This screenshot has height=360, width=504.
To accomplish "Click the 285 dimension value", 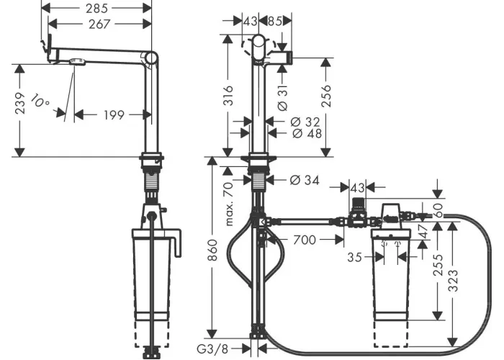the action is (96, 9).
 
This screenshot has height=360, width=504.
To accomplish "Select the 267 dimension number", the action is (99, 24).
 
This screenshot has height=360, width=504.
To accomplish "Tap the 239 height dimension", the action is (20, 103).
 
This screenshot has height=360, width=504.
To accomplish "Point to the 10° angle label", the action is (40, 101).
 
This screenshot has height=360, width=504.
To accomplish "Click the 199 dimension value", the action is (114, 114).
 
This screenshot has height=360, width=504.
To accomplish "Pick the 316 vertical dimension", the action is (228, 95).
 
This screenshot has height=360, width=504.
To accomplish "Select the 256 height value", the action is (326, 96).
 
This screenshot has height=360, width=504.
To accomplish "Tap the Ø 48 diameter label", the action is (307, 133).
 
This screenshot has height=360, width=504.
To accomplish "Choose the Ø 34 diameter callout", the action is (305, 180).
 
